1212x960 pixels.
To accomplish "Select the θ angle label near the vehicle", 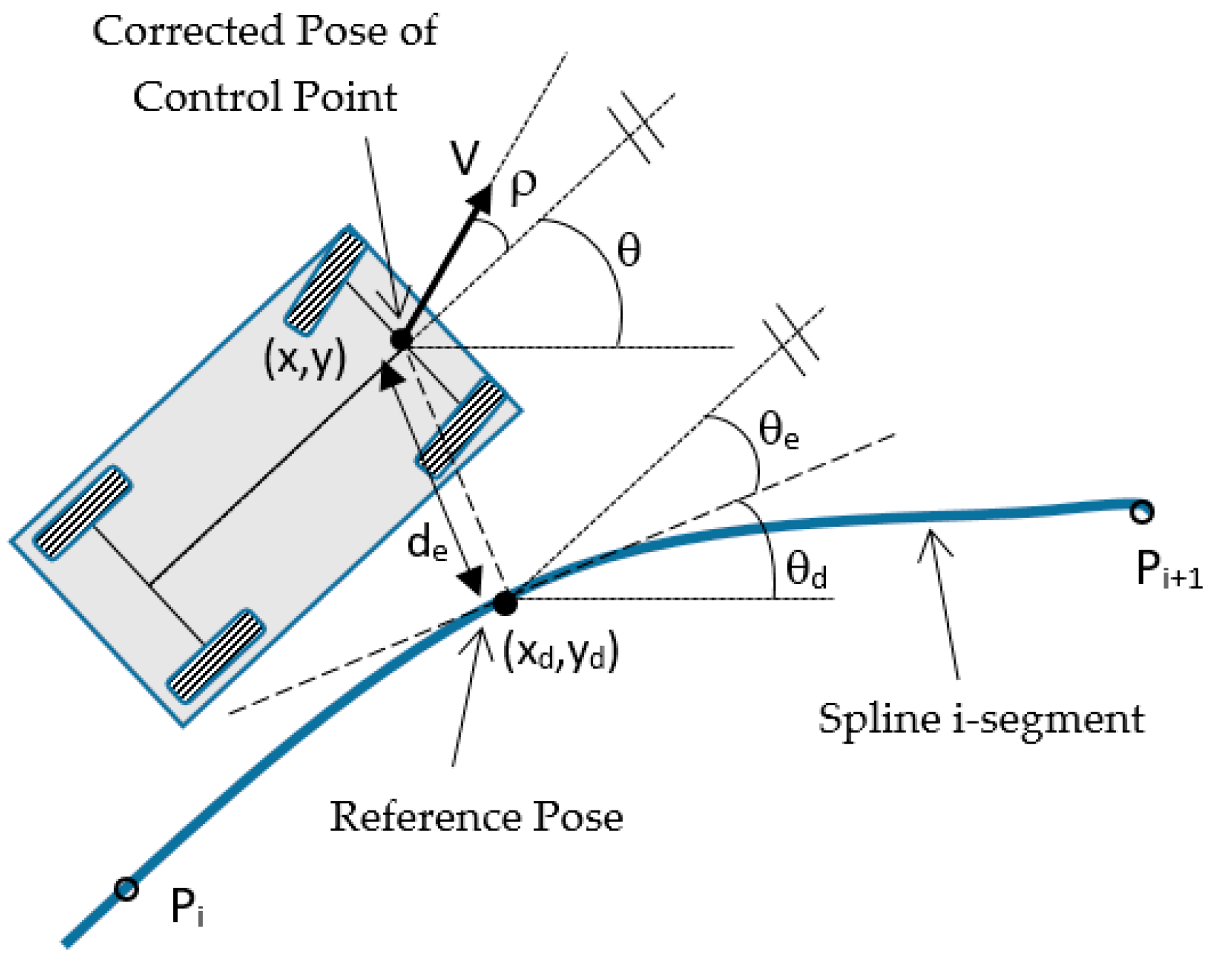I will click(628, 251).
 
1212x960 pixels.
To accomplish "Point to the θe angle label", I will click(778, 432).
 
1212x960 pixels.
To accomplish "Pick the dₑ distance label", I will click(427, 544).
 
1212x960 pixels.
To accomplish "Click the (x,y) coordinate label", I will click(305, 358).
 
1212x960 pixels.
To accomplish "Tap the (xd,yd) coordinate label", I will click(560, 652).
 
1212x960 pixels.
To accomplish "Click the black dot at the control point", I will click(402, 340).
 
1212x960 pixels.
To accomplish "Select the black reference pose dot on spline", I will click(505, 603).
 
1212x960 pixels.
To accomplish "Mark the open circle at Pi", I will click(126, 889).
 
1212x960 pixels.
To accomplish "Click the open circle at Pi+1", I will click(1142, 511).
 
